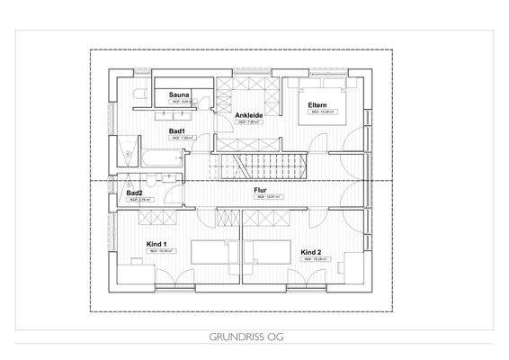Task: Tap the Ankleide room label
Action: [x=249, y=116]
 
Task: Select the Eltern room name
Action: [x=317, y=105]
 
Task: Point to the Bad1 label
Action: [x=177, y=130]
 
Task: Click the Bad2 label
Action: [x=134, y=193]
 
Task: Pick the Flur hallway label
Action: [x=260, y=190]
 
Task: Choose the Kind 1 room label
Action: [x=157, y=244]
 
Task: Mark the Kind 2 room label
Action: [x=311, y=251]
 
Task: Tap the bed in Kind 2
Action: [x=270, y=251]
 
